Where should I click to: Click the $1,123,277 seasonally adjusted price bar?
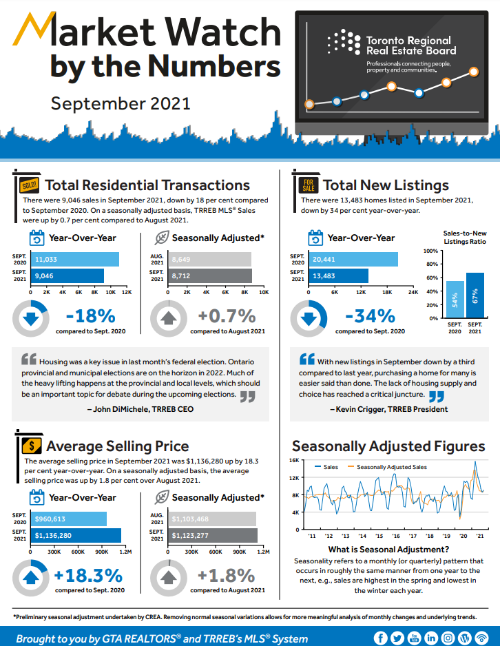coord(213,536)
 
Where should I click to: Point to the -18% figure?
coord(90,317)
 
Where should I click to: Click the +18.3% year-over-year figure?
coord(88,576)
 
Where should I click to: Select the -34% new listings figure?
coord(369,317)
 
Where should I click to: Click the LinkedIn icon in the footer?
coord(431,638)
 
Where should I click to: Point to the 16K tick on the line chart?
coord(294,460)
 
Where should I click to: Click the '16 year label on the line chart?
coord(396,536)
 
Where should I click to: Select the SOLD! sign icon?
coord(28,185)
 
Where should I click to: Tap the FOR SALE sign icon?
coord(307,185)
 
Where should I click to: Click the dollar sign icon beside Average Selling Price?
coord(30,446)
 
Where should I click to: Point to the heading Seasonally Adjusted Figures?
coord(388,446)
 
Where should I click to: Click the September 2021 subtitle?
coord(120,103)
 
